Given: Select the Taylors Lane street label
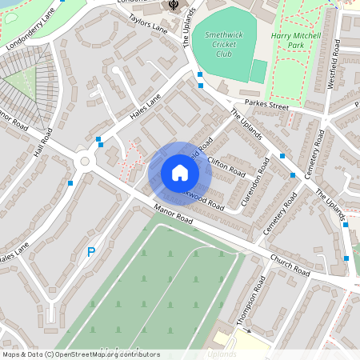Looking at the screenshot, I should pyautogui.click(x=148, y=24).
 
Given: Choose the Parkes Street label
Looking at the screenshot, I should pyautogui.click(x=266, y=104).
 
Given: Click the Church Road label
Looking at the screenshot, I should pyautogui.click(x=290, y=266).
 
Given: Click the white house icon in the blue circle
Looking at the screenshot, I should pyautogui.click(x=179, y=173).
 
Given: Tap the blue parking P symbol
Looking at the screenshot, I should pyautogui.click(x=91, y=252).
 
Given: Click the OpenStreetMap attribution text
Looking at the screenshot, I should pyautogui.click(x=81, y=354).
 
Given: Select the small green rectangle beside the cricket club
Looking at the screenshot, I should pyautogui.click(x=258, y=71).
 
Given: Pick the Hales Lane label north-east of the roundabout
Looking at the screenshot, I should pyautogui.click(x=146, y=108).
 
